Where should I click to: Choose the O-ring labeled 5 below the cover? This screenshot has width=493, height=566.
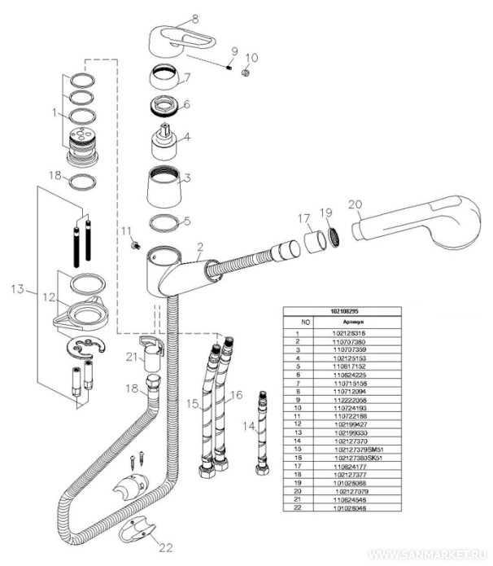pyautogui.click(x=168, y=222)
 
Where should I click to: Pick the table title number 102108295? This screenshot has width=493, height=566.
pyautogui.click(x=346, y=311)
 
